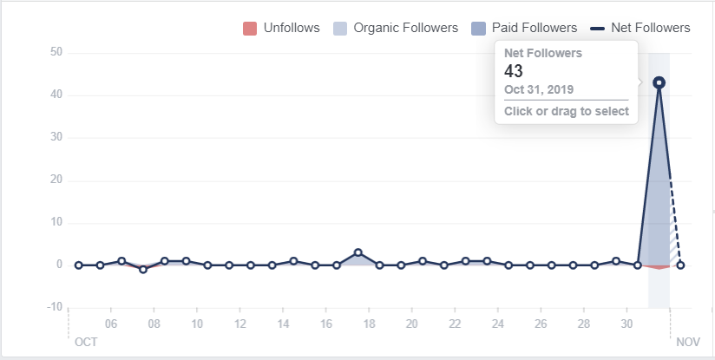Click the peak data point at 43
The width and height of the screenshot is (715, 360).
click(x=659, y=82)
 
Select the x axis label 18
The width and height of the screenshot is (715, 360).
click(x=369, y=324)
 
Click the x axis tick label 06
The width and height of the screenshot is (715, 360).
click(x=111, y=324)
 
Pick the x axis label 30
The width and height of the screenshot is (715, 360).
click(x=626, y=324)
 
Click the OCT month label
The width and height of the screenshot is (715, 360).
click(x=86, y=342)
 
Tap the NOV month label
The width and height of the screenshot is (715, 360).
click(x=687, y=342)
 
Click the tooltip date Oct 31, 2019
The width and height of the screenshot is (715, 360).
click(x=539, y=89)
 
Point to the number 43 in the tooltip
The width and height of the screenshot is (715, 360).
click(x=514, y=71)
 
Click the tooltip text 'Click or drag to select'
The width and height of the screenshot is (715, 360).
click(x=567, y=112)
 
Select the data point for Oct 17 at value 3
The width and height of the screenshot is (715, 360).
click(x=357, y=252)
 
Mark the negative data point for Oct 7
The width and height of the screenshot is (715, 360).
click(x=143, y=269)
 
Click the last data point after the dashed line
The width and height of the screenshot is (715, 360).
click(x=680, y=265)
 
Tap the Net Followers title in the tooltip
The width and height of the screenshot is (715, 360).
click(x=543, y=53)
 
